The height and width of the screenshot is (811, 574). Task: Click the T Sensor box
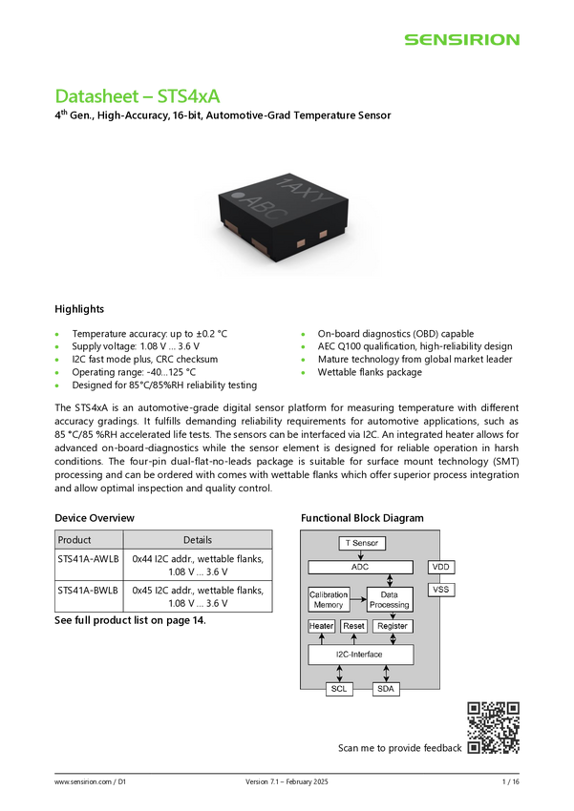pos(361,543)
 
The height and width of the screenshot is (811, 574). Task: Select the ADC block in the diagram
pos(360,567)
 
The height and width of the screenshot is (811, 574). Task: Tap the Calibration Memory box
pos(329,599)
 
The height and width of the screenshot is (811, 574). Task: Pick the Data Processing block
pos(390,599)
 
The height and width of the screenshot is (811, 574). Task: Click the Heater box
pos(322,626)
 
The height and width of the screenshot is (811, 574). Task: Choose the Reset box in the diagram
pos(354,626)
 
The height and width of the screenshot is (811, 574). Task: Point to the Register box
pos(393,626)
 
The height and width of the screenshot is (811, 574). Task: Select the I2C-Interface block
pos(360,655)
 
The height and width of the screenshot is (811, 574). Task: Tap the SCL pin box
pos(338,689)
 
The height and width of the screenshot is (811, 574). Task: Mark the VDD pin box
pos(441,567)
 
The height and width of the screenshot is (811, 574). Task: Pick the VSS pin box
pos(441,590)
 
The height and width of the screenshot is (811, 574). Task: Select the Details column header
pos(198,540)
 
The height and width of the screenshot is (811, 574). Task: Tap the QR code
pos(493,728)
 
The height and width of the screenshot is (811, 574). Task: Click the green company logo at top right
pos(461,40)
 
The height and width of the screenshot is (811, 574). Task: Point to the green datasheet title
pos(138,96)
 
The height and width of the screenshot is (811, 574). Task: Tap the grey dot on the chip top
pos(239,198)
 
